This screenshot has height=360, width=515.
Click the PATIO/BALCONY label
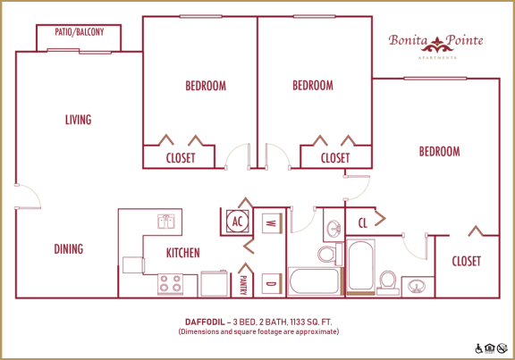point(78,33)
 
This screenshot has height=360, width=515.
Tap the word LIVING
point(78,120)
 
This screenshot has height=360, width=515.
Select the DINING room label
point(68,249)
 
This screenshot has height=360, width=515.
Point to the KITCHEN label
point(182,253)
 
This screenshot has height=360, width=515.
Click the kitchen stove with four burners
point(170,284)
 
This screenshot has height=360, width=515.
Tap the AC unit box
point(237,221)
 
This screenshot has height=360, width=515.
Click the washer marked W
point(270,222)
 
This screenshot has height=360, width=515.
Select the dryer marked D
point(270,283)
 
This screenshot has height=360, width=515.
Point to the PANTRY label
point(243,284)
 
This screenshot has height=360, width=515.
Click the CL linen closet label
point(363,222)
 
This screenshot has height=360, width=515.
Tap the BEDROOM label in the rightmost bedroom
point(439,152)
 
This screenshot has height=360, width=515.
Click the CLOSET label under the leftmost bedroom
point(182,158)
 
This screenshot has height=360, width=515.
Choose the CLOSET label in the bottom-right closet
point(466,262)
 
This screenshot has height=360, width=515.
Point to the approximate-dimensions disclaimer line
point(257,331)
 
